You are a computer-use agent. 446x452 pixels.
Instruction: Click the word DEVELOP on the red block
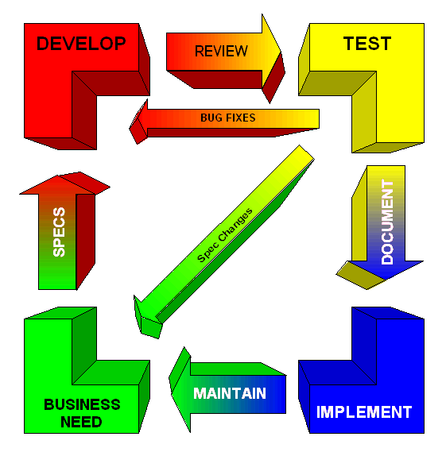click(x=81, y=44)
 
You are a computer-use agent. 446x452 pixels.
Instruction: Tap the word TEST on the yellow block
click(x=367, y=44)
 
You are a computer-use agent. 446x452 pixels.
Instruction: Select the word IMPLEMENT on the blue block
click(x=364, y=411)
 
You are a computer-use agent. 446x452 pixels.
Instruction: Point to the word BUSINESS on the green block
click(x=82, y=404)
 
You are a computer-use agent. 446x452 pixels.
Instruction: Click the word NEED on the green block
click(x=81, y=422)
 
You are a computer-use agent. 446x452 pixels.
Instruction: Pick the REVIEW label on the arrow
click(x=221, y=51)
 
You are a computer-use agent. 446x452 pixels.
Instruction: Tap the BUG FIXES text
click(x=228, y=118)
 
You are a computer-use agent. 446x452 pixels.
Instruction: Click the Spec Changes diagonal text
click(x=225, y=235)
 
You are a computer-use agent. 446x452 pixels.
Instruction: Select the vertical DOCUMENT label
click(x=387, y=222)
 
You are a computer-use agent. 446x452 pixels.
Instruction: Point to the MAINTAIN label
click(x=230, y=393)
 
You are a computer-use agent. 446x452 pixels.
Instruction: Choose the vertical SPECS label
click(x=59, y=232)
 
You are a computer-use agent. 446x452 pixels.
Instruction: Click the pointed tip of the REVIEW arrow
click(x=281, y=52)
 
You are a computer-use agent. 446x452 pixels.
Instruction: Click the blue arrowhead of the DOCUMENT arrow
click(x=386, y=270)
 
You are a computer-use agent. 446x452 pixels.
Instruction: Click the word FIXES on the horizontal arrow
click(x=241, y=118)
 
